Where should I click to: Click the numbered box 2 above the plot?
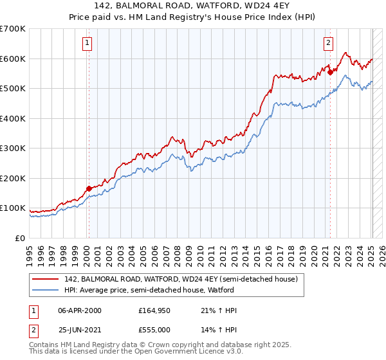coord(328,43)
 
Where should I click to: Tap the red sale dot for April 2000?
coord(89,188)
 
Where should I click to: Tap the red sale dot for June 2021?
coord(330,73)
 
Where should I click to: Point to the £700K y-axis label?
coord(13,29)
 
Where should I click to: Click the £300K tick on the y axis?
coord(13,148)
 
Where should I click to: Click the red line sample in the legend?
coord(45,280)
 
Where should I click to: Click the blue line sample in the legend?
coord(45,291)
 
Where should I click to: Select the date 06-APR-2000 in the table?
coord(80,310)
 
